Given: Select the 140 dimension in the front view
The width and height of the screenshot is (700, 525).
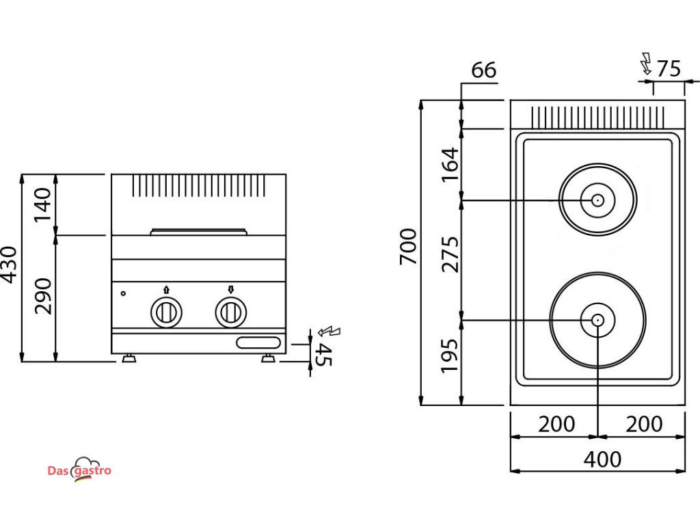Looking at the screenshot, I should pos(42,203).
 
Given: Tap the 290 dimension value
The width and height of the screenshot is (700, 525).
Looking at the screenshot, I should pos(42,295).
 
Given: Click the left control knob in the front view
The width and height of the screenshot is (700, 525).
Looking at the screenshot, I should pos(165,312).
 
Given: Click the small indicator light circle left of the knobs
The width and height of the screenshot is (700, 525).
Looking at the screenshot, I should pos(123,294).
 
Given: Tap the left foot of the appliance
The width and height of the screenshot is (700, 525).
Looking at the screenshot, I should pos(128,358).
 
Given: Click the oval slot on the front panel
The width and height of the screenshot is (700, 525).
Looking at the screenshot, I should pos(258,342).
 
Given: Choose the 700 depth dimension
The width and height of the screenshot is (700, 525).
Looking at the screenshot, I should pos(407,247).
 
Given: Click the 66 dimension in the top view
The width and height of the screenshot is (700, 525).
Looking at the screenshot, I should pos(483,70).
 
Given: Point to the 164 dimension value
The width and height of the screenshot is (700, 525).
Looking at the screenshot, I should pos(450,165).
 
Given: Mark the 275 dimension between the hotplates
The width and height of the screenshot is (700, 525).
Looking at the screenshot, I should pos(450,254).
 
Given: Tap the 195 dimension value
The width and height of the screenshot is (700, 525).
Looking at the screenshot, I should pos(450,355).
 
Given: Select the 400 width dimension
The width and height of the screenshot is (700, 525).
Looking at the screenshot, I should pos(602,459).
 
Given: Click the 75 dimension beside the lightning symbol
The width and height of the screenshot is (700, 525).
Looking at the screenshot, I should pos(668,69).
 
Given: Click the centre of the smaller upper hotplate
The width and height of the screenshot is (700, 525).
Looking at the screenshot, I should pos(597,200).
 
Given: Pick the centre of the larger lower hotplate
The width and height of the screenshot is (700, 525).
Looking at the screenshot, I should pos(597,320).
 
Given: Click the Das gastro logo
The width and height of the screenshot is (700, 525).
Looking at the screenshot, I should pos(79,470).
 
